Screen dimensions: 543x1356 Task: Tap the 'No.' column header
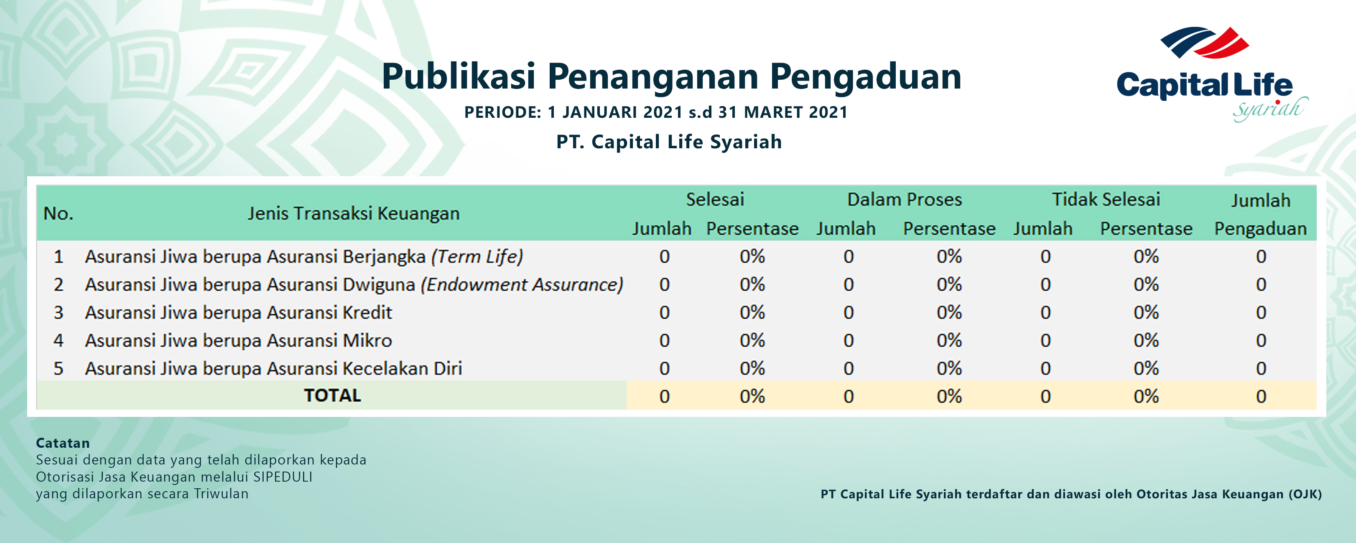click(59, 213)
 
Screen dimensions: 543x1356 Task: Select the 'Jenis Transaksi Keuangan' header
click(353, 213)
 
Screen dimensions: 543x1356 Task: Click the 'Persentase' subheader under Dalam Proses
click(949, 229)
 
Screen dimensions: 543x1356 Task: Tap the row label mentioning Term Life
click(304, 257)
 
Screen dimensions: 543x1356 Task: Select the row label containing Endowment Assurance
click(354, 284)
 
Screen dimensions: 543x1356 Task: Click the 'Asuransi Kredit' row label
click(238, 312)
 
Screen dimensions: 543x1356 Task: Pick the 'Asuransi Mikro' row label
click(238, 340)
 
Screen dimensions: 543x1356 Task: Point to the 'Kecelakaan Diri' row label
click(273, 368)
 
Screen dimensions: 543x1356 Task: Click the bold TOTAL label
click(332, 396)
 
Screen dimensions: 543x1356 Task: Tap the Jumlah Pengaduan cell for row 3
click(1261, 312)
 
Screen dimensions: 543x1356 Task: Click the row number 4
click(59, 340)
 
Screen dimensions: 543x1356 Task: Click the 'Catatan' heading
click(63, 443)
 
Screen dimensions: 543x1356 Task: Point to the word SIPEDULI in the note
click(283, 477)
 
